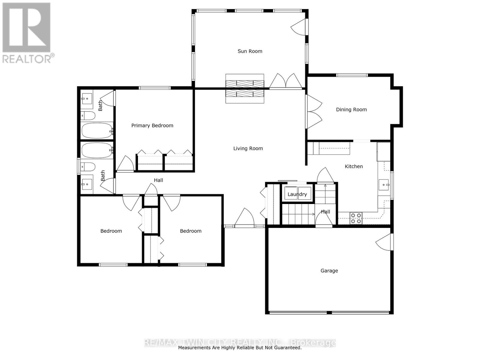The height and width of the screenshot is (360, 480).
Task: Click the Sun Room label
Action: pos(250,51)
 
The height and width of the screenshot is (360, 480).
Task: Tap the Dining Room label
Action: pos(351,109)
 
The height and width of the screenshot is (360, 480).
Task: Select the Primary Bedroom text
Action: pos(152,125)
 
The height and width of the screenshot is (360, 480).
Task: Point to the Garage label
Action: pos(329,271)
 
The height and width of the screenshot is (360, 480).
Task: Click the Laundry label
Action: pos(297,194)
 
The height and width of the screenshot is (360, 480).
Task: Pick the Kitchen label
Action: pos(354,166)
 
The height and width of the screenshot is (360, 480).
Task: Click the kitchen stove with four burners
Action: pos(356,218)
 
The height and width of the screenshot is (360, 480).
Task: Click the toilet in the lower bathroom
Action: pos(88,166)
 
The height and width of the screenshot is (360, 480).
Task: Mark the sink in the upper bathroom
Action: pos(87,98)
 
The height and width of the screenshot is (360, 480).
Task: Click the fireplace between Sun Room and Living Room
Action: pos(245,88)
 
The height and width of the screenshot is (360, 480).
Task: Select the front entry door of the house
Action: pos(244,217)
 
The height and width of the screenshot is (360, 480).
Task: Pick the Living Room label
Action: pos(248,148)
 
